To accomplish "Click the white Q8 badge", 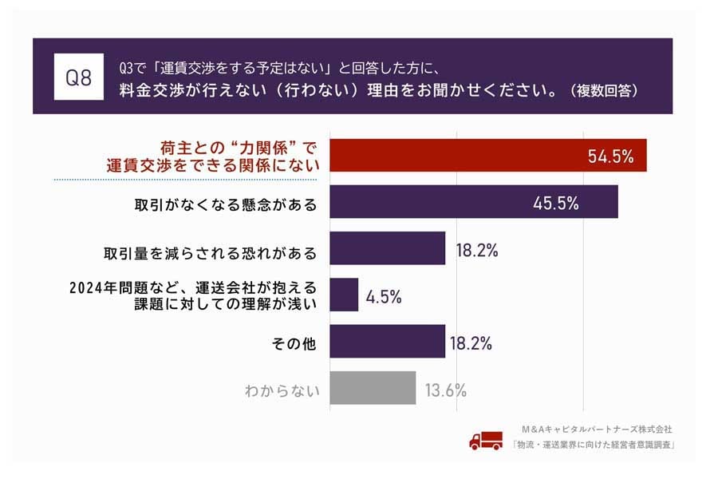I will tap(77, 77).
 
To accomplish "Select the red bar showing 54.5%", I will tap(487, 156).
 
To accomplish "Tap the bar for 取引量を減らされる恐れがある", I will tap(387, 248).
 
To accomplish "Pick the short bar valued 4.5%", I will tap(344, 295).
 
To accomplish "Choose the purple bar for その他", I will tap(387, 341).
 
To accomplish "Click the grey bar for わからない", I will tap(373, 388).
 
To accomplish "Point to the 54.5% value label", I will tap(610, 156).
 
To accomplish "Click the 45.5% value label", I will tap(555, 203).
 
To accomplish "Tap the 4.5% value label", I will tap(384, 297).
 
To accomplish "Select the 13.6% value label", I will tap(445, 390).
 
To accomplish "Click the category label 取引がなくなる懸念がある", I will tap(226, 204).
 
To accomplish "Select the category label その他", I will tap(295, 344).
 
